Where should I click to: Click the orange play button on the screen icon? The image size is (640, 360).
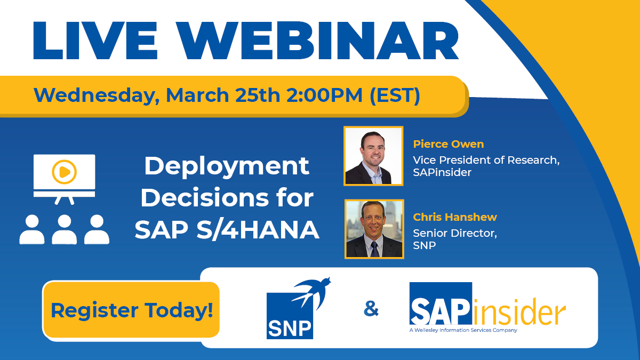coord(64,172)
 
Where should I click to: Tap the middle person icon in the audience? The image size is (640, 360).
coord(65,229)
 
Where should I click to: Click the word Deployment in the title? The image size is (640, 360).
coord(227,166)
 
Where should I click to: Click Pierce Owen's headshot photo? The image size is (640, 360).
coord(373,156)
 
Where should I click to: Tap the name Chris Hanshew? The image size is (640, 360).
coord(455,217)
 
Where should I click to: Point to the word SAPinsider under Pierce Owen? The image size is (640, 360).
coord(442,173)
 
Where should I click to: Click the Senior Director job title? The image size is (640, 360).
coord(454,233)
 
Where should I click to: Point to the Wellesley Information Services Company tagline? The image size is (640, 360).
coord(463,330)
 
